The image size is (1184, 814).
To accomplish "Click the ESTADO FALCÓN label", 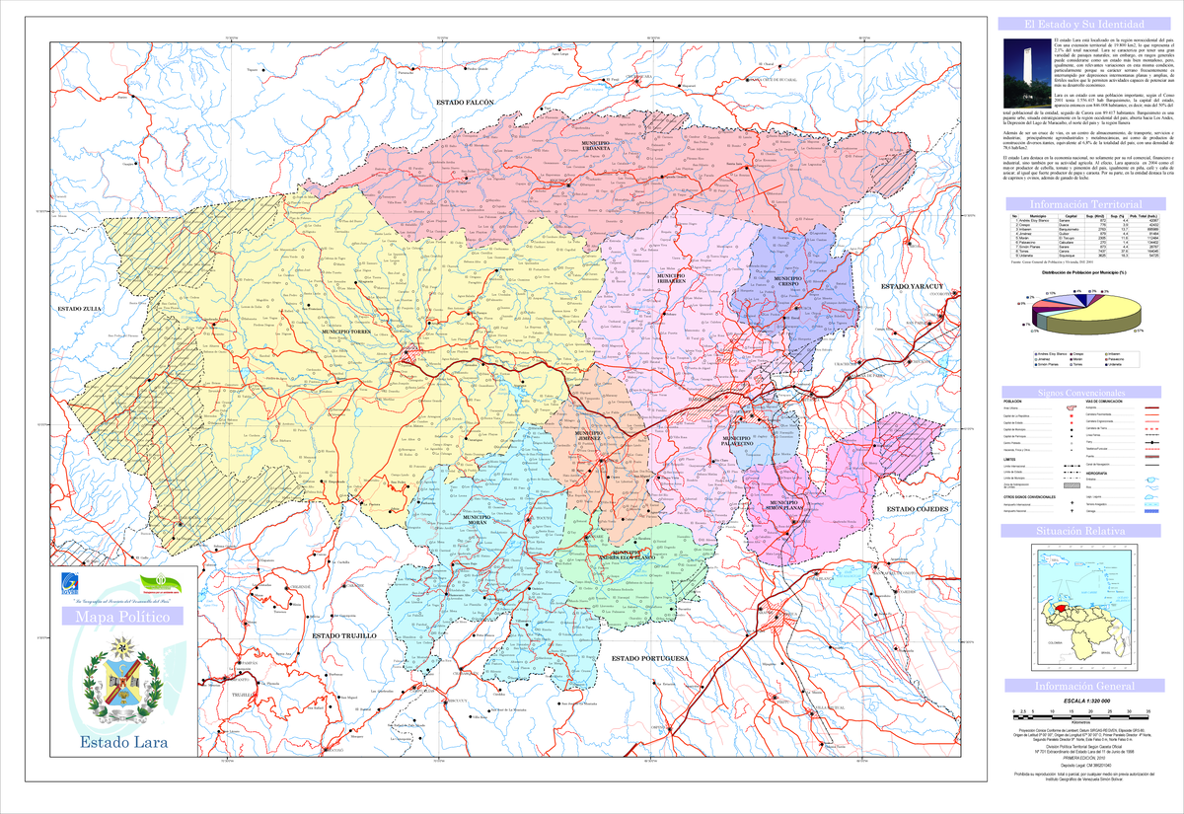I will (x=466, y=103).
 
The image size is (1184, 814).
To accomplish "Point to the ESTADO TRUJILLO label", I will (x=344, y=636).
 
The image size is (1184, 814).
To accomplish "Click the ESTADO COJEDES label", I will (x=917, y=508).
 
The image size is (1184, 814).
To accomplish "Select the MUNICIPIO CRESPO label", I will (x=787, y=283).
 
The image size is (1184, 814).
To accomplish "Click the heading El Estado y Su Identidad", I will (x=1082, y=24).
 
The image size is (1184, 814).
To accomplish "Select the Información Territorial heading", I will (x=1082, y=204).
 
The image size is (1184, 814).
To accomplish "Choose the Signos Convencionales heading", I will (x=1082, y=392).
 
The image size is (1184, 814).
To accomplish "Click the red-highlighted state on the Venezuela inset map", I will (x=1060, y=612).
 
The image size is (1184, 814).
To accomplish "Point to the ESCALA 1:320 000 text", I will (x=1081, y=700).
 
